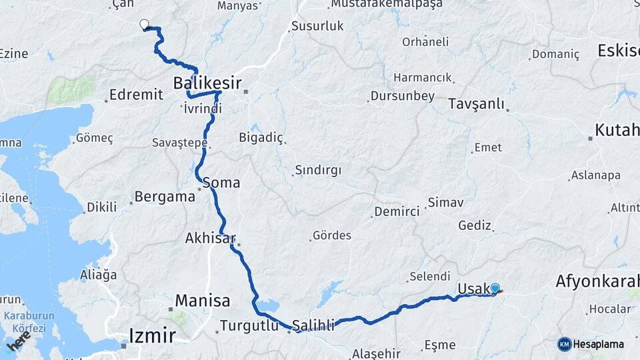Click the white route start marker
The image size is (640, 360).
coord(143,25)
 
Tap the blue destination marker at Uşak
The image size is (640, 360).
coord(495,288)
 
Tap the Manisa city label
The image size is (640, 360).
coord(203,300)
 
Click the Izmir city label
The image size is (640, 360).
coord(152,335)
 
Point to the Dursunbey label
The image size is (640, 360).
coord(404,96)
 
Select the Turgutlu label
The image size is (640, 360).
coord(252,326)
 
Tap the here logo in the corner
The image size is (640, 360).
coord(19,343)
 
